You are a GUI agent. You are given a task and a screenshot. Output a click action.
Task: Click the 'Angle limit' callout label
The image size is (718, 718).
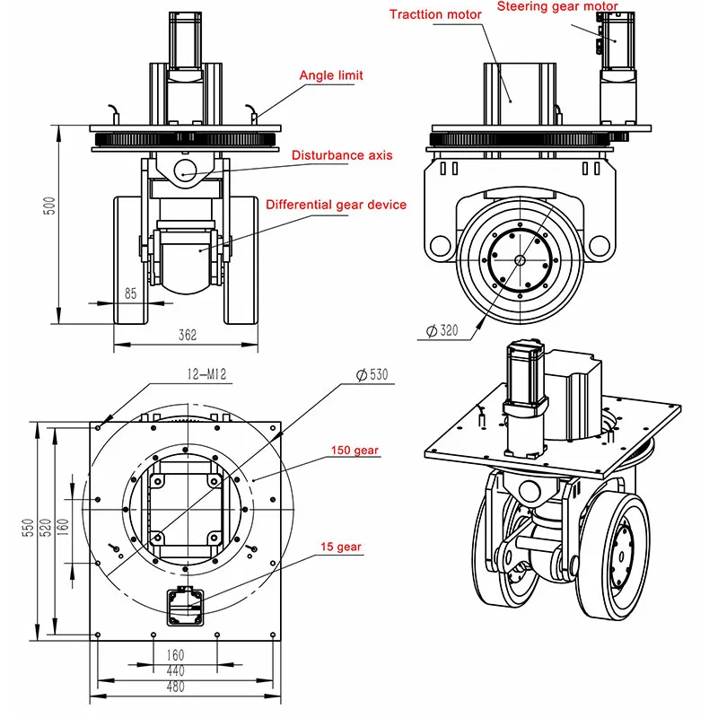(x=331, y=75)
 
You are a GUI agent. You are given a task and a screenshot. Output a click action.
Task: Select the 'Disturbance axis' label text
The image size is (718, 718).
(x=342, y=155)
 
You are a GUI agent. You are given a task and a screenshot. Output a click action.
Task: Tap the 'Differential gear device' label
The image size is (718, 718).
(x=336, y=205)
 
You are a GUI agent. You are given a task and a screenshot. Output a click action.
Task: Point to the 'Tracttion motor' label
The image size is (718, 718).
(x=434, y=14)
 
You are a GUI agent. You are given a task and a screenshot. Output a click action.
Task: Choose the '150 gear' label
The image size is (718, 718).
(x=355, y=450)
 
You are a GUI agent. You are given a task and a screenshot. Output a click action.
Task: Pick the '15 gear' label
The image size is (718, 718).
(x=343, y=546)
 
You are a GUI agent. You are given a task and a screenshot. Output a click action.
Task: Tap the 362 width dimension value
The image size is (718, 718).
(x=187, y=335)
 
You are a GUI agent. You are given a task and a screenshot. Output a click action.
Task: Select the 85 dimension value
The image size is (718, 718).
(x=131, y=292)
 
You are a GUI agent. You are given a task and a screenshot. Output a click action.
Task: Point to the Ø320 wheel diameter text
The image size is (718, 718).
(x=442, y=330)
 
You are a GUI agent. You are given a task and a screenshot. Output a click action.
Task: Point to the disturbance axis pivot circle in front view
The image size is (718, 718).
(x=186, y=171)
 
